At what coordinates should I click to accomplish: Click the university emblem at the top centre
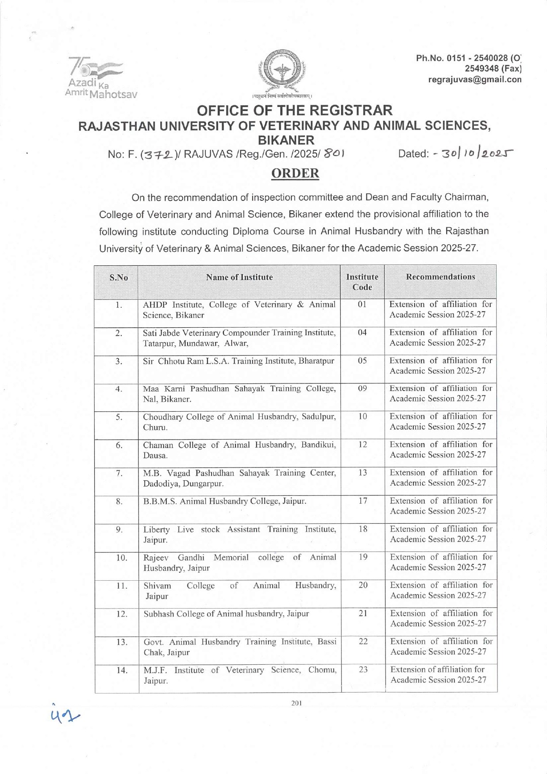click(282, 71)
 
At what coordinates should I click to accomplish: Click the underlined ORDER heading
click(295, 173)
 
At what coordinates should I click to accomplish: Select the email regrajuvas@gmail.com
click(474, 80)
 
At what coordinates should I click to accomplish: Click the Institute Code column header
click(362, 282)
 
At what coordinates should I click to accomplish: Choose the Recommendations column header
click(440, 277)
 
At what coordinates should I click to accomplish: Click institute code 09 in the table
click(362, 389)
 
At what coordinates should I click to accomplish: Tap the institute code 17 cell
click(362, 501)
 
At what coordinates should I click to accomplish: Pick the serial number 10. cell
click(121, 558)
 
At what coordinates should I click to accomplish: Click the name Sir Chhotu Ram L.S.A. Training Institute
click(239, 361)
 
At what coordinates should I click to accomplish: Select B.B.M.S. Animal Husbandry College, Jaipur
click(225, 501)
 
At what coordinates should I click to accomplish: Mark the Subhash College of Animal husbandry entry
click(226, 614)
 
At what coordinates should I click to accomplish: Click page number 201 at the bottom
click(297, 703)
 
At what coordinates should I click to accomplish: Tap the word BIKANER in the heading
click(286, 140)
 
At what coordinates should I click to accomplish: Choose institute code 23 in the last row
click(363, 670)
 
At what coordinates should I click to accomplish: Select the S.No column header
click(119, 278)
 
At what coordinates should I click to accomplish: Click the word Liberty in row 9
click(156, 529)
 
